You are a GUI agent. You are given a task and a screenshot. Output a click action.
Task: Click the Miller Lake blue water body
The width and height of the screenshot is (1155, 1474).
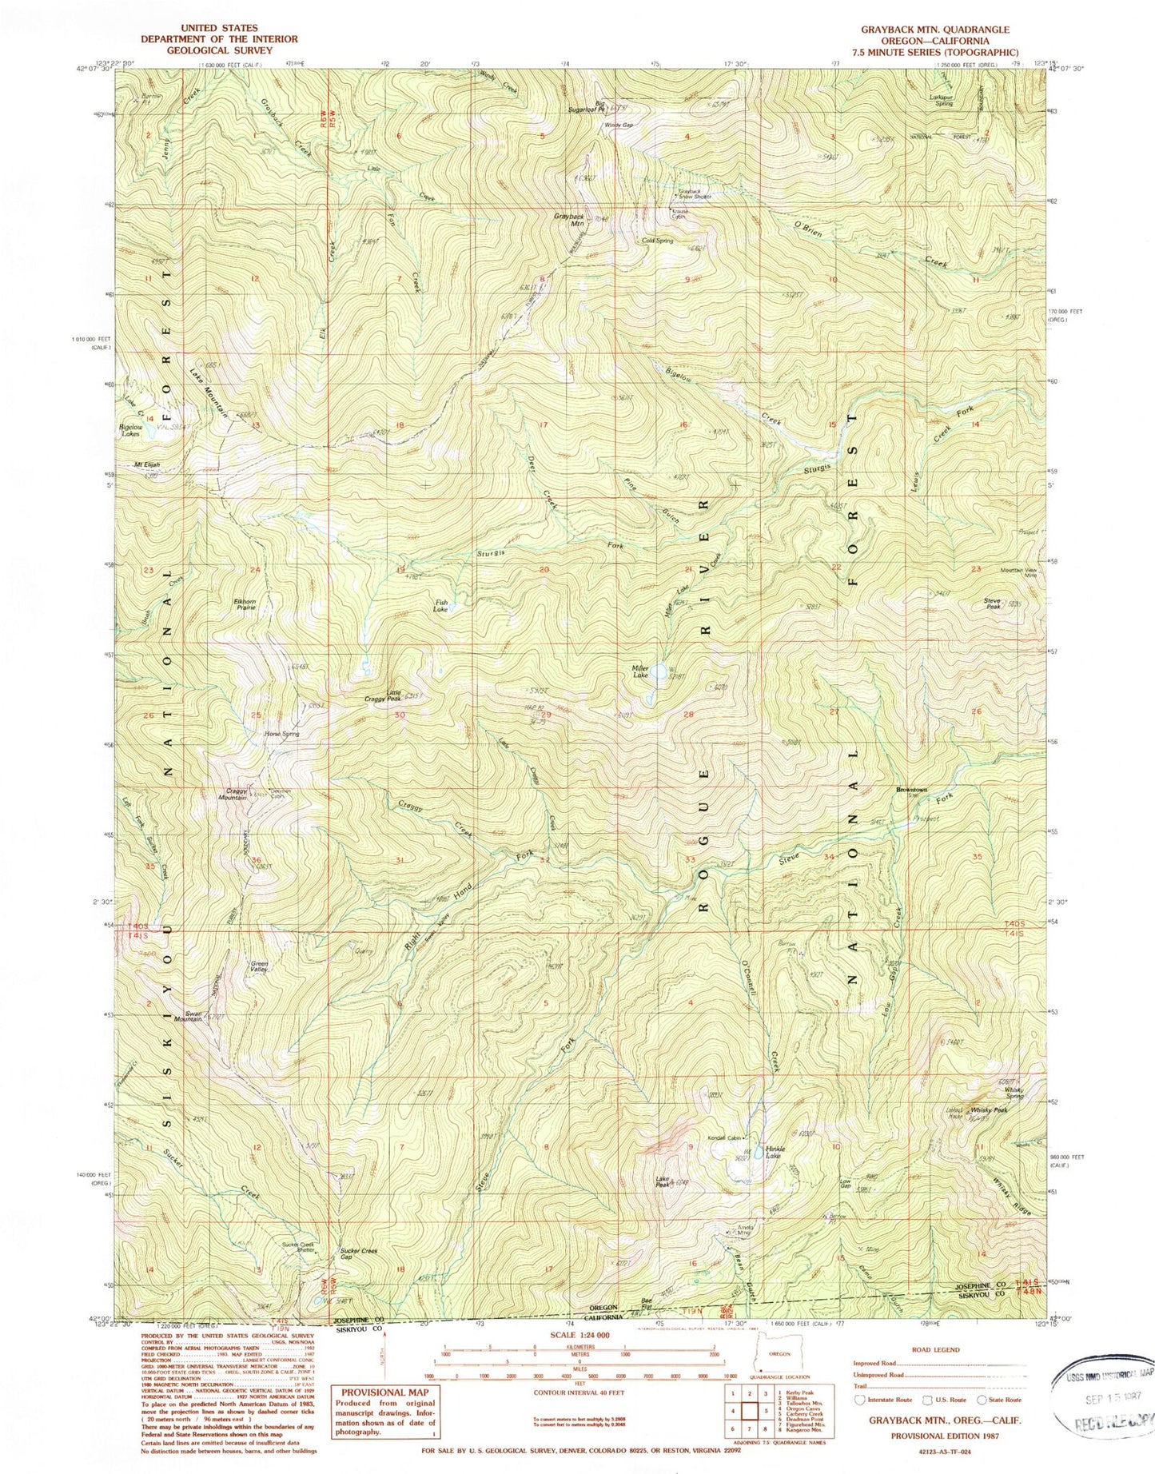coord(658,671)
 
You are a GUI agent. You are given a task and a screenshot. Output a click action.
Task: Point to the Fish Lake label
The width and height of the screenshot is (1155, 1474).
coord(440,606)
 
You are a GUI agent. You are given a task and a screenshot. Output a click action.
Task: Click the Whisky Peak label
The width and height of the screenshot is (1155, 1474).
coord(988,1110)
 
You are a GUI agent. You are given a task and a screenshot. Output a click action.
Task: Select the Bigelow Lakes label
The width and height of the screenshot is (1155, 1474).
coord(130,431)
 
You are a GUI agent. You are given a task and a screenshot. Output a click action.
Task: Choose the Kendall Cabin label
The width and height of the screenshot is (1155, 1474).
coord(728,1138)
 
